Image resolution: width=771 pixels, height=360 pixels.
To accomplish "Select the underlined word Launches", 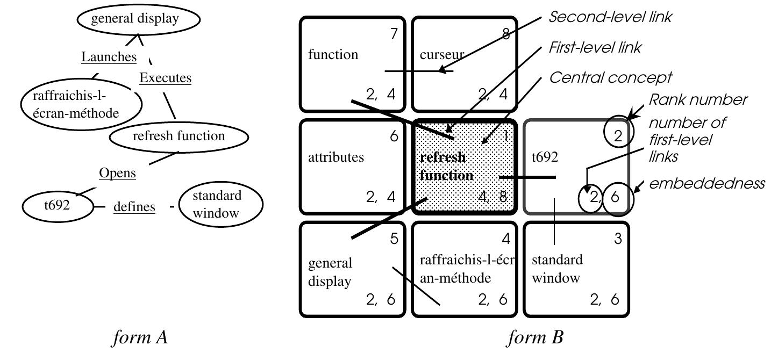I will click(x=109, y=56).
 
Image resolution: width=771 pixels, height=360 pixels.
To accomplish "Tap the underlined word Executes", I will click(x=165, y=78).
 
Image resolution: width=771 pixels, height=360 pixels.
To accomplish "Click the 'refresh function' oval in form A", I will click(x=179, y=136).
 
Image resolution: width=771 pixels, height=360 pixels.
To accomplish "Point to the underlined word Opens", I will click(x=117, y=173).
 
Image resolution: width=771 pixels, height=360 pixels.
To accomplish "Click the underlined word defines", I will click(x=134, y=206).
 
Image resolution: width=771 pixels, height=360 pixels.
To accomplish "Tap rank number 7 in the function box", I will click(x=394, y=34).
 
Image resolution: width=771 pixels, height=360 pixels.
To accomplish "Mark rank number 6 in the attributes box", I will click(x=394, y=137).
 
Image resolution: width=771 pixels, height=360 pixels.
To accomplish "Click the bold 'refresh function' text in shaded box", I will click(x=446, y=166).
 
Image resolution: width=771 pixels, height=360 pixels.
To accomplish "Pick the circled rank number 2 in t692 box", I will click(x=618, y=136).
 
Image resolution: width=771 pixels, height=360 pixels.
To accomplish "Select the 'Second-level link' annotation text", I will click(x=610, y=17).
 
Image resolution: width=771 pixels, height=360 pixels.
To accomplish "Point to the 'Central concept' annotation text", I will click(x=610, y=78).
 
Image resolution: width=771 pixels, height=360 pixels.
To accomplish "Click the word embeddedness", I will click(x=707, y=184).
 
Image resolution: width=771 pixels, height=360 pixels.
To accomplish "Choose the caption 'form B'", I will click(x=536, y=338).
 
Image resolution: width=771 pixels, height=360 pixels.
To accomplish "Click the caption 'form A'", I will click(x=140, y=338).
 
